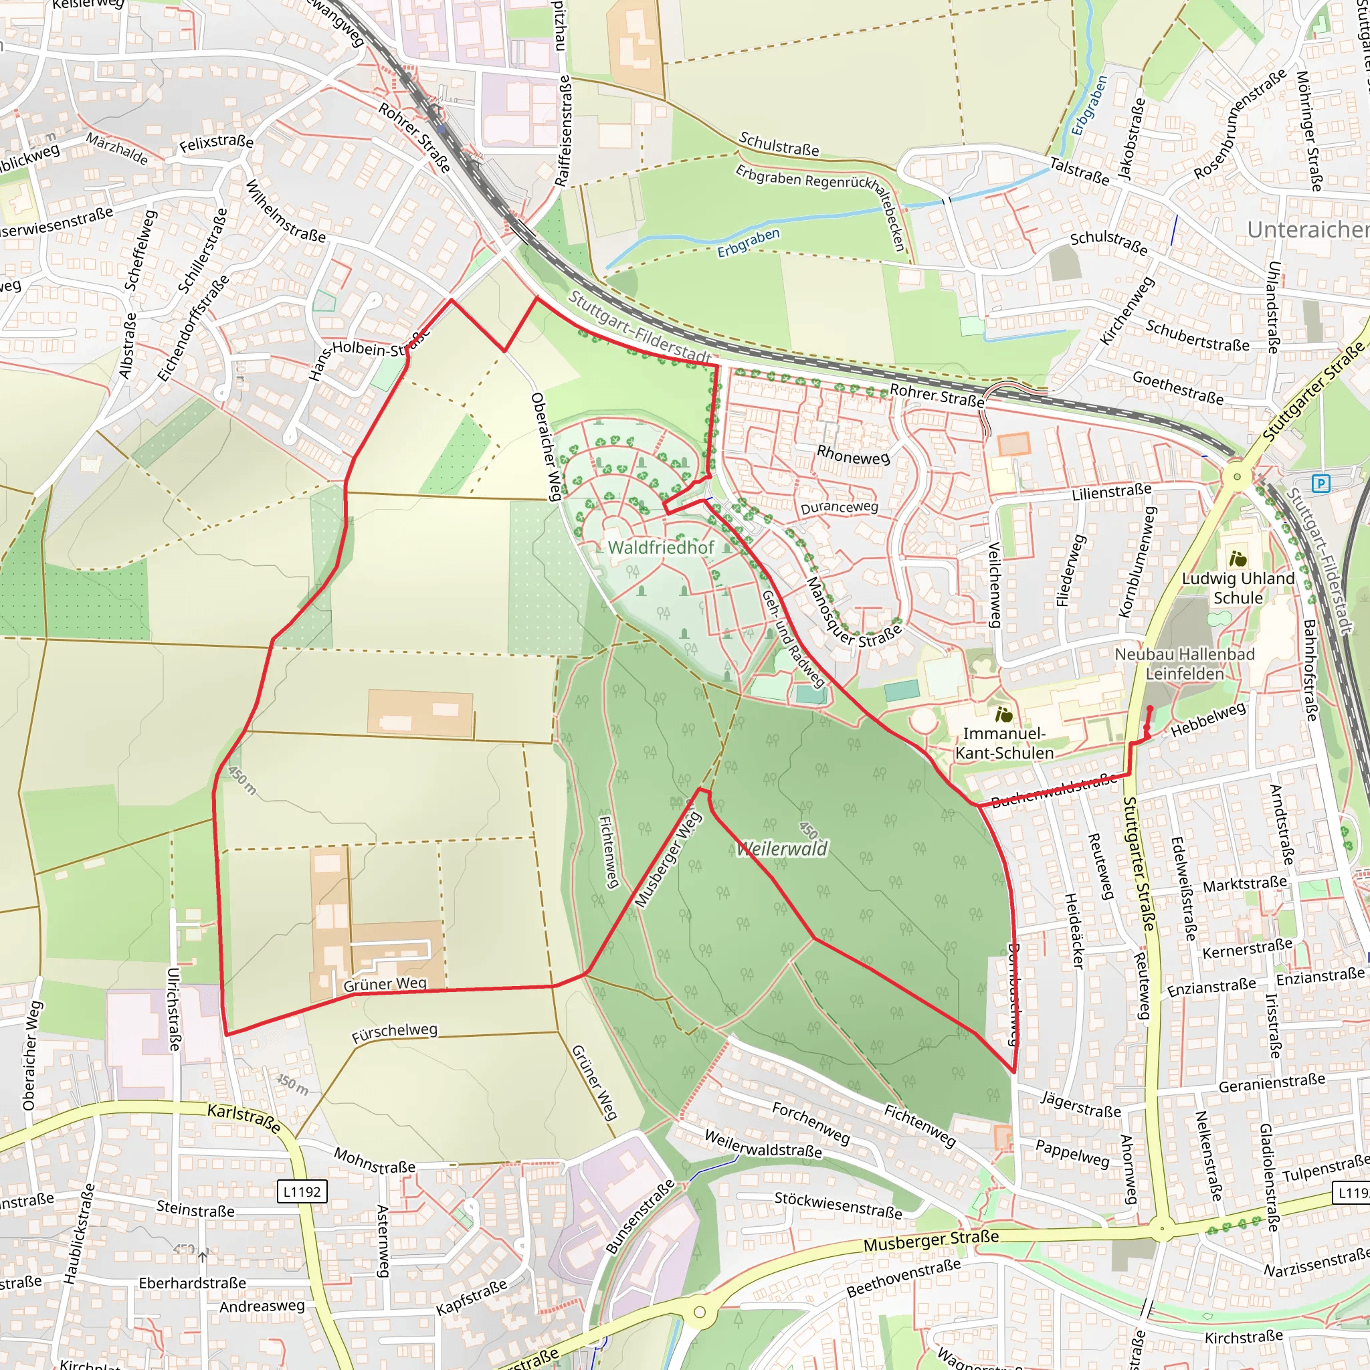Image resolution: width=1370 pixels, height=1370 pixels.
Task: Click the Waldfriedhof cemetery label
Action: [661, 547]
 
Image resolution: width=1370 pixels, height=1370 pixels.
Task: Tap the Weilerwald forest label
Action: [782, 849]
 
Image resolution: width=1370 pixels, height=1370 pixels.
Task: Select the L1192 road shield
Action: [302, 1192]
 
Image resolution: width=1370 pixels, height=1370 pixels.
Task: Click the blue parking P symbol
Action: [1320, 484]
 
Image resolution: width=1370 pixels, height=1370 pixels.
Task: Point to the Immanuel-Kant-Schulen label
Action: [1004, 743]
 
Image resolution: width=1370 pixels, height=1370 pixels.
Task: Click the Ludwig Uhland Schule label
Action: [1238, 588]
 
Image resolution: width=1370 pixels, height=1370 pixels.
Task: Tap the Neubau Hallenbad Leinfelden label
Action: [1185, 664]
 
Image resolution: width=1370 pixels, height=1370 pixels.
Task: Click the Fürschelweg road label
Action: [394, 1032]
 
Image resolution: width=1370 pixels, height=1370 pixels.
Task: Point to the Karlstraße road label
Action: [244, 1117]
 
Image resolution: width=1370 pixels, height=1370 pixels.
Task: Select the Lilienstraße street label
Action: [1111, 492]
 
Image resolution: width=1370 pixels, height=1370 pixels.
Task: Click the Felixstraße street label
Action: [216, 144]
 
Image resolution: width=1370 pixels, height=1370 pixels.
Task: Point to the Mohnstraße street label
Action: [375, 1161]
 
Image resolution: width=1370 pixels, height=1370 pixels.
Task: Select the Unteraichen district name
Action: [1308, 229]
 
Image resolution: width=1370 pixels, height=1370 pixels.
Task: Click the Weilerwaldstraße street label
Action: [763, 1144]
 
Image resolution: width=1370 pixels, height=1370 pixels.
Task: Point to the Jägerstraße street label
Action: [1081, 1105]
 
